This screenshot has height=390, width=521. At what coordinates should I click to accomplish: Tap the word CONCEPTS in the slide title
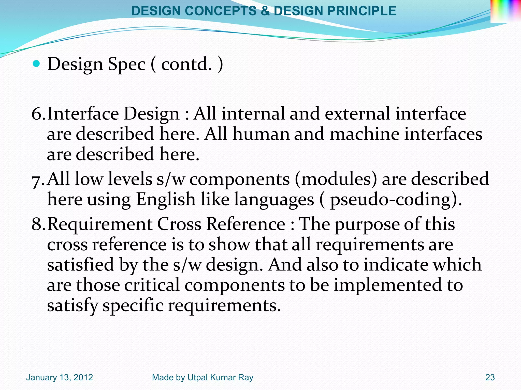(x=221, y=11)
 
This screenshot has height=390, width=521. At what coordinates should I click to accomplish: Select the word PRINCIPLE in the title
(x=361, y=11)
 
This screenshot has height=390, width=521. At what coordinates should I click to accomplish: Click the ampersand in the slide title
(x=265, y=11)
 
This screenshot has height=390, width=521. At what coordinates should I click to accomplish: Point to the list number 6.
(x=37, y=113)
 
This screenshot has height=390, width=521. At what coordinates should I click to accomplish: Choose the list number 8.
(x=37, y=224)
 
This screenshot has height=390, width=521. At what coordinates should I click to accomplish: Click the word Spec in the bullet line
(x=126, y=64)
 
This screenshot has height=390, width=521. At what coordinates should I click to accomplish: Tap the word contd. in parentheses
(x=186, y=64)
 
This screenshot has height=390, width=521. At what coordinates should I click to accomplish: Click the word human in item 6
(x=261, y=134)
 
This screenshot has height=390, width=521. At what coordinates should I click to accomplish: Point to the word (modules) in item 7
(x=336, y=179)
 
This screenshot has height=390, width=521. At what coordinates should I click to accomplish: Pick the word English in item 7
(x=166, y=199)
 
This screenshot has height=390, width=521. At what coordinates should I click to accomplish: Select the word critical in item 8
(x=152, y=285)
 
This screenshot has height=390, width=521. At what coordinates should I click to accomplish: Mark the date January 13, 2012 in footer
(x=60, y=377)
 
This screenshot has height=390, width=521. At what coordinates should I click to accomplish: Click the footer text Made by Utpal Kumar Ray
(x=202, y=377)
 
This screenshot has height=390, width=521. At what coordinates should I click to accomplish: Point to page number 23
(x=490, y=377)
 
